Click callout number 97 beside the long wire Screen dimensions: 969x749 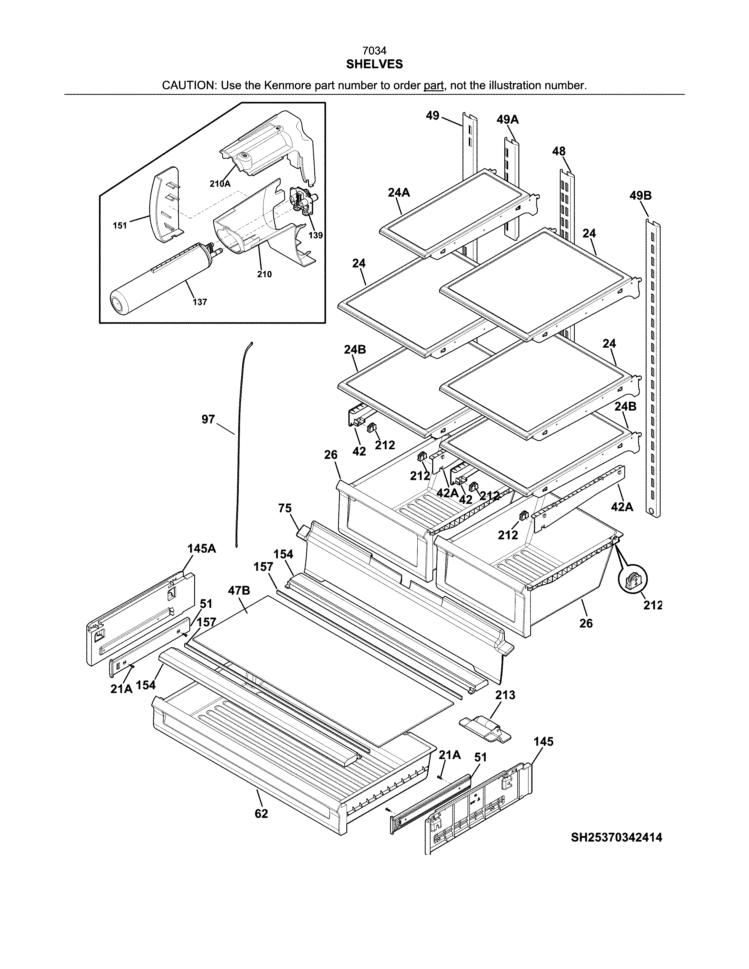[x=208, y=419]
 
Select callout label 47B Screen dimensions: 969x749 [x=239, y=591]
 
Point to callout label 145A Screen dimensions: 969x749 [x=201, y=549]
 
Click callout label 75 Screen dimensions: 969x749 [x=285, y=508]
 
